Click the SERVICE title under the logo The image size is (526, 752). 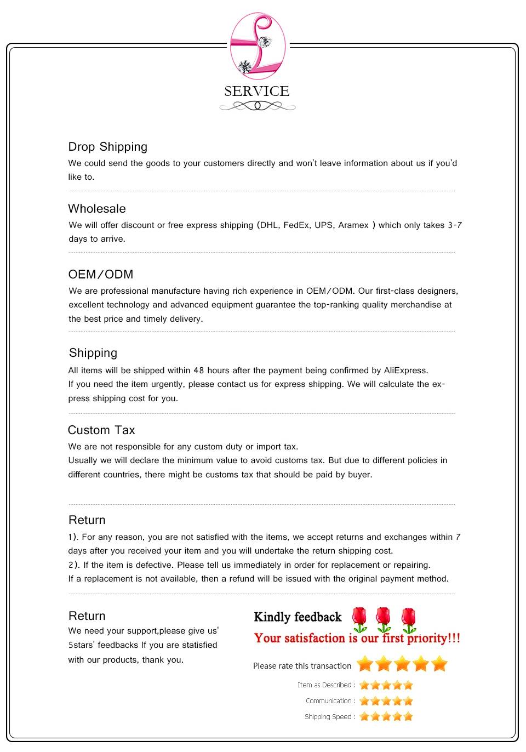[256, 91]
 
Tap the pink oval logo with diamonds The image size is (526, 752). [258, 46]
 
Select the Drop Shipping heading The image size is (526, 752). [107, 147]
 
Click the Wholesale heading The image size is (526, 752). [97, 209]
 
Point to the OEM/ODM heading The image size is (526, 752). [101, 275]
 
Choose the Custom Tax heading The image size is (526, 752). [101, 430]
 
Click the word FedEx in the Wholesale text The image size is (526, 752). [296, 225]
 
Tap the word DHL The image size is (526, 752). [268, 225]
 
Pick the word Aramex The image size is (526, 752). [353, 225]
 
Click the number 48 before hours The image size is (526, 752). [198, 371]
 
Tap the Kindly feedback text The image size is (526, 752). [298, 617]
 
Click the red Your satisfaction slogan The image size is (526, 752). [357, 639]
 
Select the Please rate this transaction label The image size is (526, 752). [302, 666]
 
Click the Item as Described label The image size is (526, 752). [326, 685]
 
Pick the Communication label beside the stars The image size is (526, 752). [329, 701]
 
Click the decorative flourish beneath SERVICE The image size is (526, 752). [257, 106]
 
